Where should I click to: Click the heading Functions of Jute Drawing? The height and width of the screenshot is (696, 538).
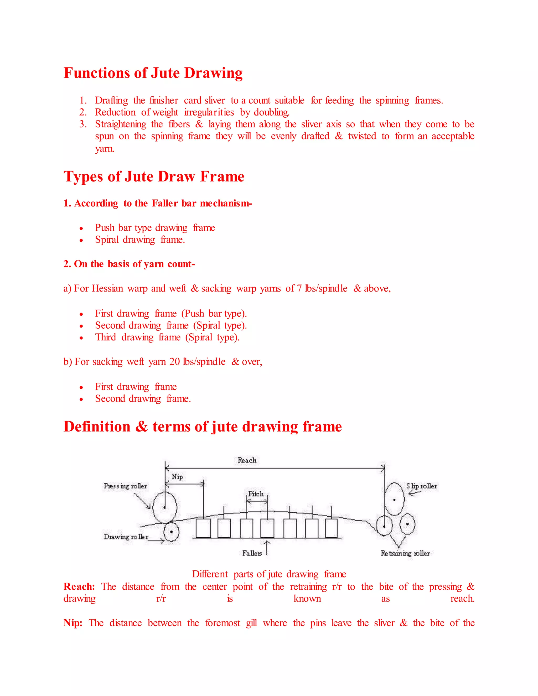153,73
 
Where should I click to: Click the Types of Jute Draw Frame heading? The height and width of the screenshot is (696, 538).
154,176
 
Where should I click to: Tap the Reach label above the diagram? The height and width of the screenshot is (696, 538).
247,460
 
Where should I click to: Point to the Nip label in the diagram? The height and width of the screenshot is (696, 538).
177,477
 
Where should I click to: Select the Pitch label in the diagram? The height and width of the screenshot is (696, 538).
256,494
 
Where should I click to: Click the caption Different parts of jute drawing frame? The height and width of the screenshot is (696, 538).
269,574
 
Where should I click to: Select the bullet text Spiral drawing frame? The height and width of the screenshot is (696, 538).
140,240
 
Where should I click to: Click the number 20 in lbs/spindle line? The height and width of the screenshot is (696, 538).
174,362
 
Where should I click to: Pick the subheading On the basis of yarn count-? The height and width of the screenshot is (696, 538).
129,264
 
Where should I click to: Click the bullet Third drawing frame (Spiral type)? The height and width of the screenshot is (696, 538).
167,337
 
